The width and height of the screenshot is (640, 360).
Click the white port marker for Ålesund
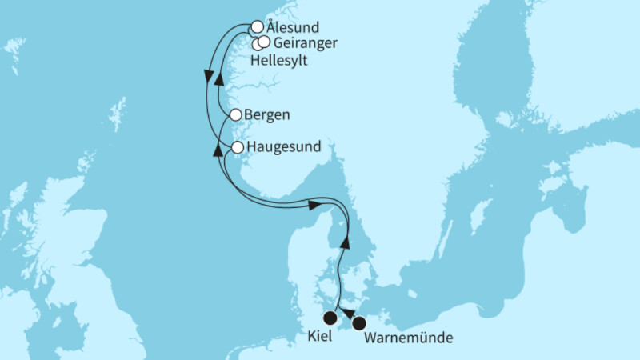pyautogui.click(x=257, y=26)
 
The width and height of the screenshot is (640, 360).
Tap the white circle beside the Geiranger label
pyautogui.click(x=264, y=41)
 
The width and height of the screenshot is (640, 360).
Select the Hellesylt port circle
pyautogui.click(x=257, y=44)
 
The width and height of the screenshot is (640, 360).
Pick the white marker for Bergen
pyautogui.click(x=235, y=115)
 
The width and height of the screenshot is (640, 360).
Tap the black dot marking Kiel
pyautogui.click(x=329, y=318)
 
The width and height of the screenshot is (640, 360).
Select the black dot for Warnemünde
pyautogui.click(x=359, y=323)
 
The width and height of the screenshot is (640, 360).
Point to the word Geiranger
pyautogui.click(x=305, y=42)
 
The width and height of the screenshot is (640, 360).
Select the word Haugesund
pyautogui.click(x=285, y=147)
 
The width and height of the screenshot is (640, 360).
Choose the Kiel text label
pyautogui.click(x=321, y=338)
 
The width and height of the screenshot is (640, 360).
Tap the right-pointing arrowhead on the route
pyautogui.click(x=315, y=206)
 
